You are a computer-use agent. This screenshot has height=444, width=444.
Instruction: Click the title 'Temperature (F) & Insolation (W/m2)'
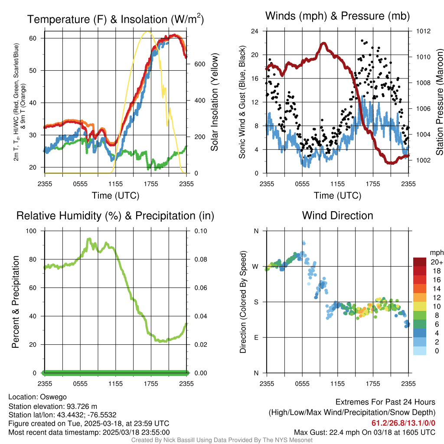point(115,20)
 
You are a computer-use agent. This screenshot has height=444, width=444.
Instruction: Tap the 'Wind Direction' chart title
point(337,215)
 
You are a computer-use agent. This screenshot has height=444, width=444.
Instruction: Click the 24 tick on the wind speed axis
point(255,31)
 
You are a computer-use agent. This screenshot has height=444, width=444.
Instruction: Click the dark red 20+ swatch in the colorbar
point(420,262)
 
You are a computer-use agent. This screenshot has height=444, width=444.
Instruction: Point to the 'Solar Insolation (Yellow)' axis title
point(214,102)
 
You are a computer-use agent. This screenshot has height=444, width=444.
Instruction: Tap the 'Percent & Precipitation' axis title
point(15,302)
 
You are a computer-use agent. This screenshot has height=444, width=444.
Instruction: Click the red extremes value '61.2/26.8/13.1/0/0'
point(403,423)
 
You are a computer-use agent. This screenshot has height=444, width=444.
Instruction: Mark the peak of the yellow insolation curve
point(148,32)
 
